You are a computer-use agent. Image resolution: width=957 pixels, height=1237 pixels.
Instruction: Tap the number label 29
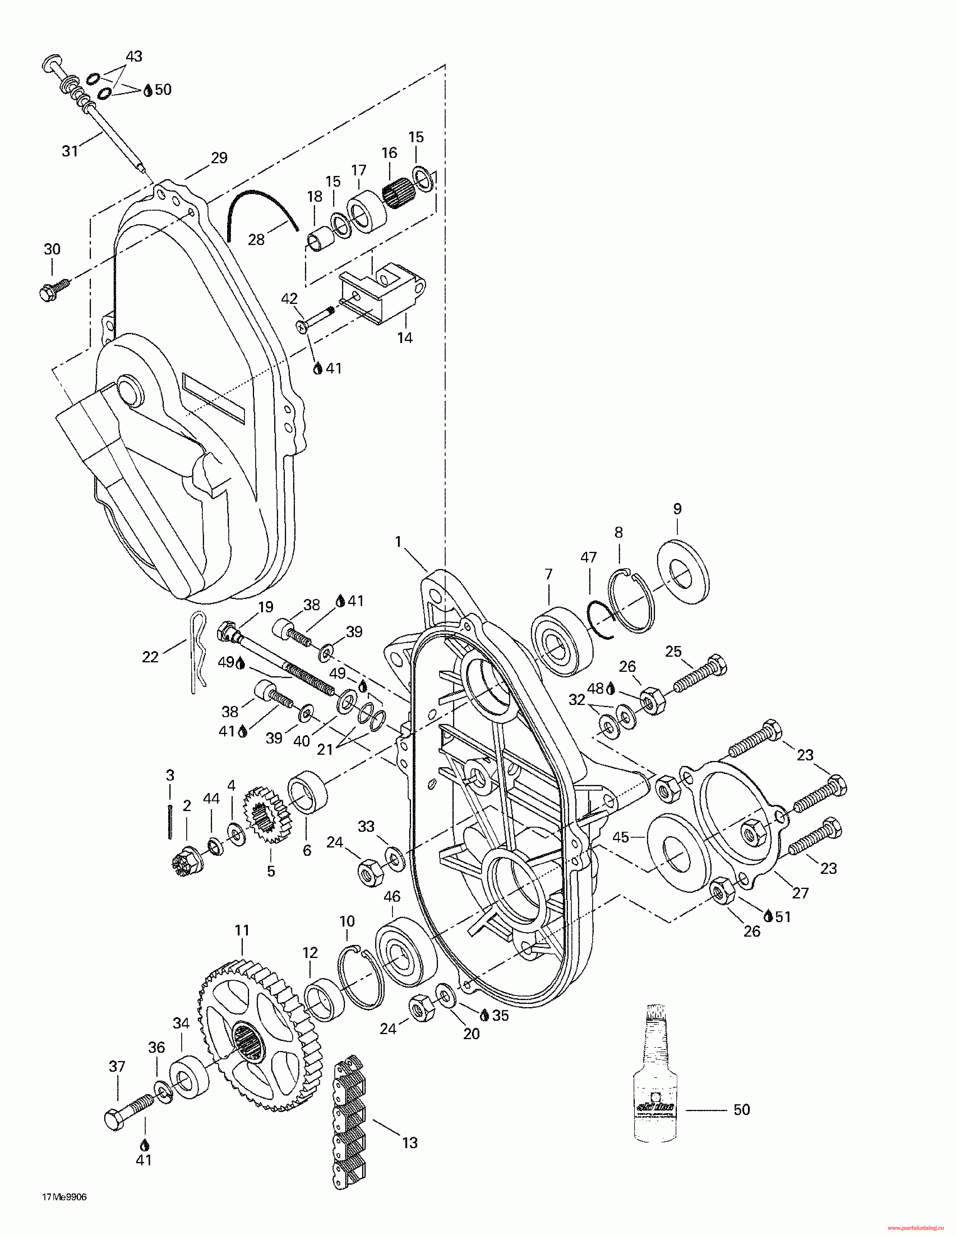point(219,158)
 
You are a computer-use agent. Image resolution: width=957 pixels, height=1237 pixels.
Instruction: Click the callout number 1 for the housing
point(398,542)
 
